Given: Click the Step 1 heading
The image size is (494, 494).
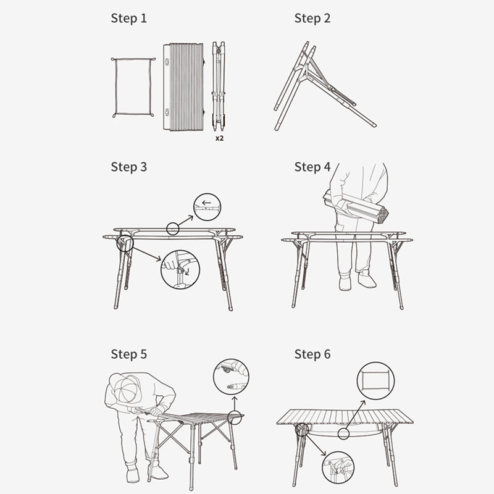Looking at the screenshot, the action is pyautogui.click(x=129, y=19).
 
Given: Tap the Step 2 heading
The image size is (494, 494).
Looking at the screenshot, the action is pyautogui.click(x=312, y=19).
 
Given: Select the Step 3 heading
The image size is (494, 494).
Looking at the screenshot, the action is pyautogui.click(x=129, y=167).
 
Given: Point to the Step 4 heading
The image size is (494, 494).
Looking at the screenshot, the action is pyautogui.click(x=312, y=167).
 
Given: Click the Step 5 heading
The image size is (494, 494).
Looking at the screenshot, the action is pyautogui.click(x=129, y=354).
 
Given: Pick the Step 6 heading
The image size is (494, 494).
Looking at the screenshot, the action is pyautogui.click(x=312, y=354).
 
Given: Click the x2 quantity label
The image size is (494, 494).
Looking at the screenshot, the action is pyautogui.click(x=220, y=138).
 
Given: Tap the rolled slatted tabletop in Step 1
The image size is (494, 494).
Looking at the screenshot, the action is pyautogui.click(x=184, y=87).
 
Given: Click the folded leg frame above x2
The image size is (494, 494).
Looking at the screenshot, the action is pyautogui.click(x=219, y=86).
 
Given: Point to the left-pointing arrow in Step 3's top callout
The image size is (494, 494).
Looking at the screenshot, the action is pyautogui.click(x=206, y=203).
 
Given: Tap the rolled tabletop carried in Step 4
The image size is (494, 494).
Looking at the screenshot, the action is pyautogui.click(x=356, y=207).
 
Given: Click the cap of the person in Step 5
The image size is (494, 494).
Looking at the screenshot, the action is pyautogui.click(x=126, y=388).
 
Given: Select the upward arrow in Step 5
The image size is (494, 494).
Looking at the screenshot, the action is pyautogui.click(x=235, y=404).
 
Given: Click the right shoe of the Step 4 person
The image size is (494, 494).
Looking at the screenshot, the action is pyautogui.click(x=367, y=280).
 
